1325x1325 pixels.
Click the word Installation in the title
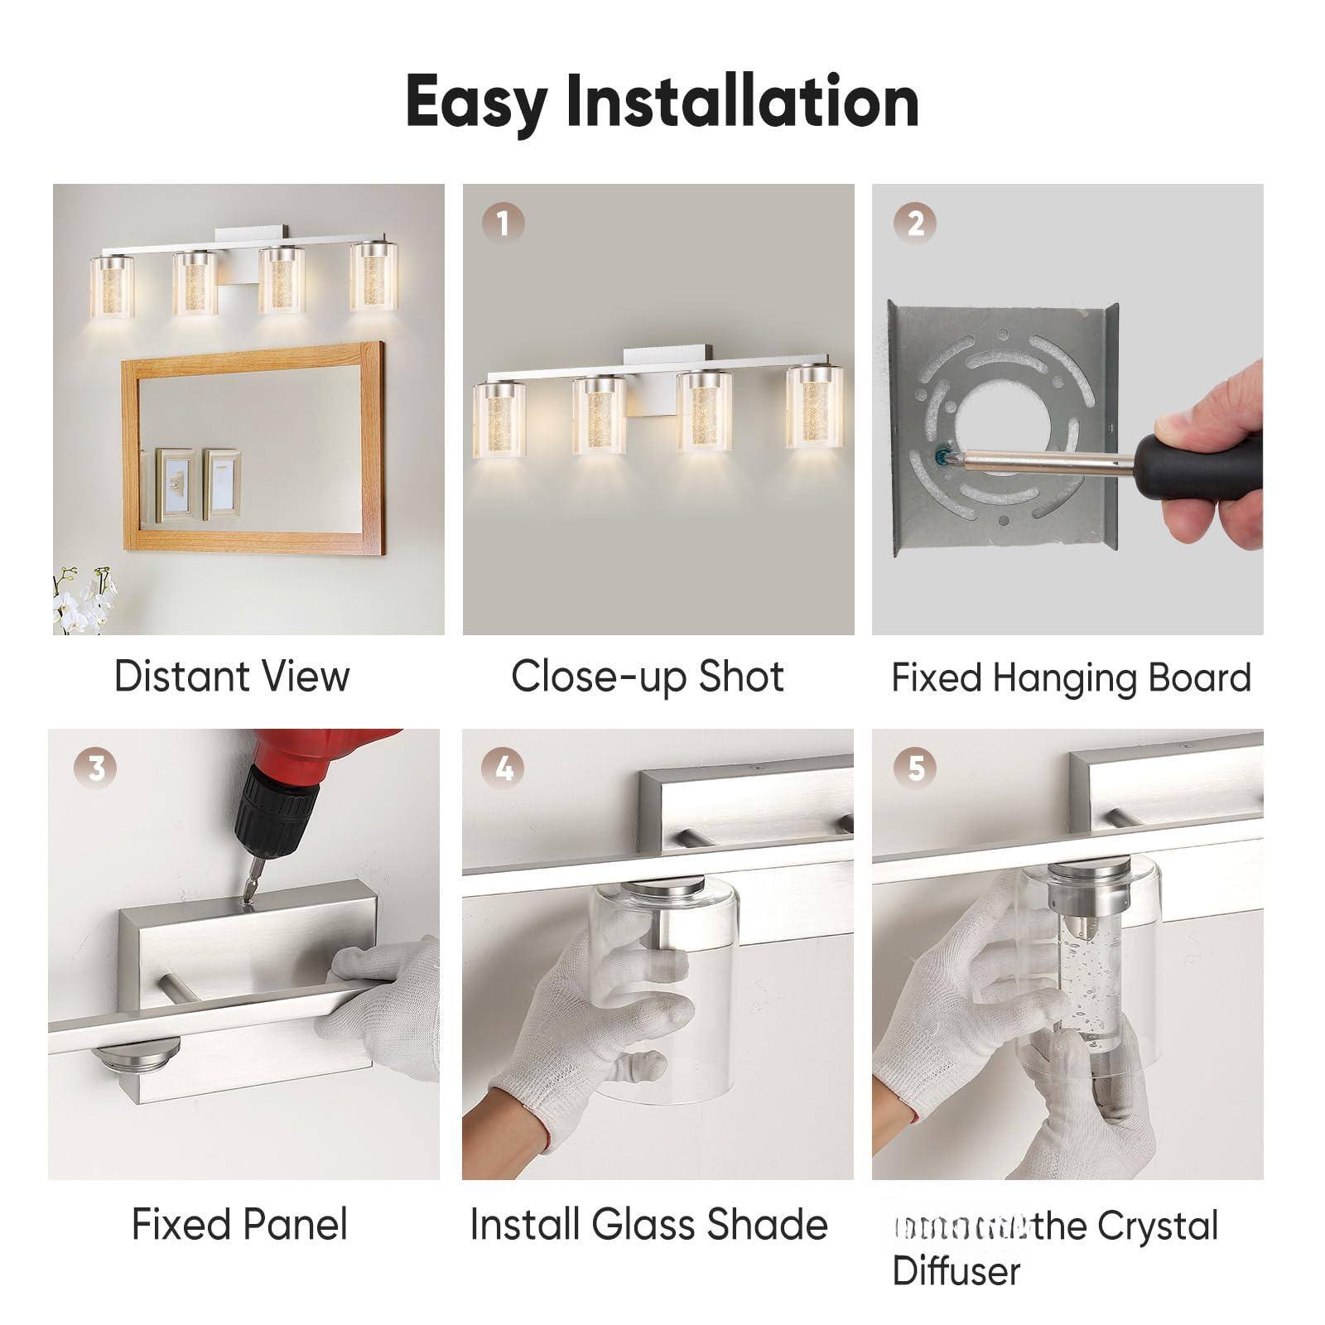[x=743, y=101]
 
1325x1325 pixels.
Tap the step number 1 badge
[x=503, y=223]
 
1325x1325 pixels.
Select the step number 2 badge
[x=914, y=223]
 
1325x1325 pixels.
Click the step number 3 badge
[x=96, y=768]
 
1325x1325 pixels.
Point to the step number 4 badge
[x=503, y=768]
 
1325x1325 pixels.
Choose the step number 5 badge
[x=914, y=768]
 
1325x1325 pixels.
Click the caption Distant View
[x=232, y=676]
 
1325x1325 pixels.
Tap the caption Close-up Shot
[x=647, y=676]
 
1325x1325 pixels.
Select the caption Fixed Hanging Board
[x=1070, y=677]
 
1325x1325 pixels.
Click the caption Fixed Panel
[x=239, y=1224]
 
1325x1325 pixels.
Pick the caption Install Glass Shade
[x=648, y=1224]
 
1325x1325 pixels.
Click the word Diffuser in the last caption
[x=956, y=1270]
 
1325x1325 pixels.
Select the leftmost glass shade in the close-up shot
[x=500, y=420]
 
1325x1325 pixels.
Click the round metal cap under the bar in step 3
[x=136, y=1059]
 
